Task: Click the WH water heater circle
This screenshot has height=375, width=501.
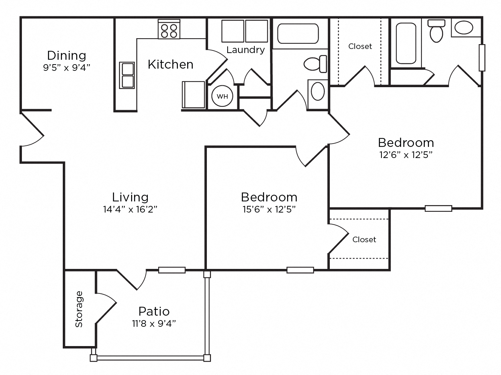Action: (x=222, y=97)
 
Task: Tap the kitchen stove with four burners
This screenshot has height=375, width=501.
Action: (x=169, y=29)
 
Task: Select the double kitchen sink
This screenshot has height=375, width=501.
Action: (x=127, y=75)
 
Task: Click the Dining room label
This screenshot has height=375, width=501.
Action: (x=66, y=56)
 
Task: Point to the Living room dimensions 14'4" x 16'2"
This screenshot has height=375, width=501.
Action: (x=130, y=210)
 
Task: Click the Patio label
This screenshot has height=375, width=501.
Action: (x=154, y=311)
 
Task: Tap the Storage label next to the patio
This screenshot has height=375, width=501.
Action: (x=79, y=309)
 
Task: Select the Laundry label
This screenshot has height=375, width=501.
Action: (x=245, y=50)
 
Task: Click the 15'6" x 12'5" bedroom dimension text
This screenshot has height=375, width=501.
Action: (x=269, y=210)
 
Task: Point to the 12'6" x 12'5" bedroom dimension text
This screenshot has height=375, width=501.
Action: (x=406, y=155)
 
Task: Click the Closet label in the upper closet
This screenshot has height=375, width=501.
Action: (x=360, y=46)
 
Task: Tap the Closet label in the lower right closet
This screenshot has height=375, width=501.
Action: (x=364, y=240)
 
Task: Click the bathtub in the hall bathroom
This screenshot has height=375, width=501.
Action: (x=298, y=33)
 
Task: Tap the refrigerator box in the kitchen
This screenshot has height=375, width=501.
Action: (x=193, y=95)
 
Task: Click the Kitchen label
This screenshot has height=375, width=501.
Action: (x=170, y=65)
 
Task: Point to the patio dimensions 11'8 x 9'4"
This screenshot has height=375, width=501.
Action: (x=154, y=324)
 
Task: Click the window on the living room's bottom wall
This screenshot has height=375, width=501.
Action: (x=172, y=270)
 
